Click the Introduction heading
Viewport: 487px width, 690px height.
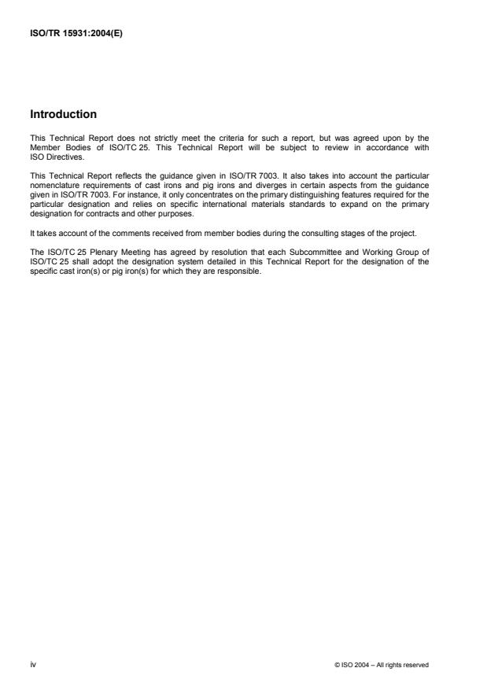(63, 114)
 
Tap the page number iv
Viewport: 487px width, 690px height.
(32, 665)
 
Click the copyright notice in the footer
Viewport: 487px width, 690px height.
(382, 665)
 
